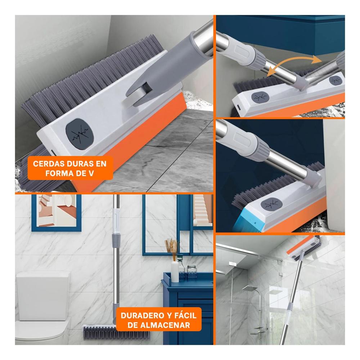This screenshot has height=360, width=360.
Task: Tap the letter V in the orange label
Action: pyautogui.click(x=91, y=174)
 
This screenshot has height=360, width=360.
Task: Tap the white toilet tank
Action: pyautogui.click(x=43, y=296)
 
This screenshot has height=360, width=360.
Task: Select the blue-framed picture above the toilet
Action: pyautogui.click(x=57, y=213)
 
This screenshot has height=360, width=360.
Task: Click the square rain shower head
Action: pyautogui.click(x=249, y=288)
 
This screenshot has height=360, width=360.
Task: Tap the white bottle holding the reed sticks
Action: pyautogui.click(x=175, y=271)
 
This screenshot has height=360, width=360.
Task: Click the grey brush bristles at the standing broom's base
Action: pyautogui.click(x=117, y=332)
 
